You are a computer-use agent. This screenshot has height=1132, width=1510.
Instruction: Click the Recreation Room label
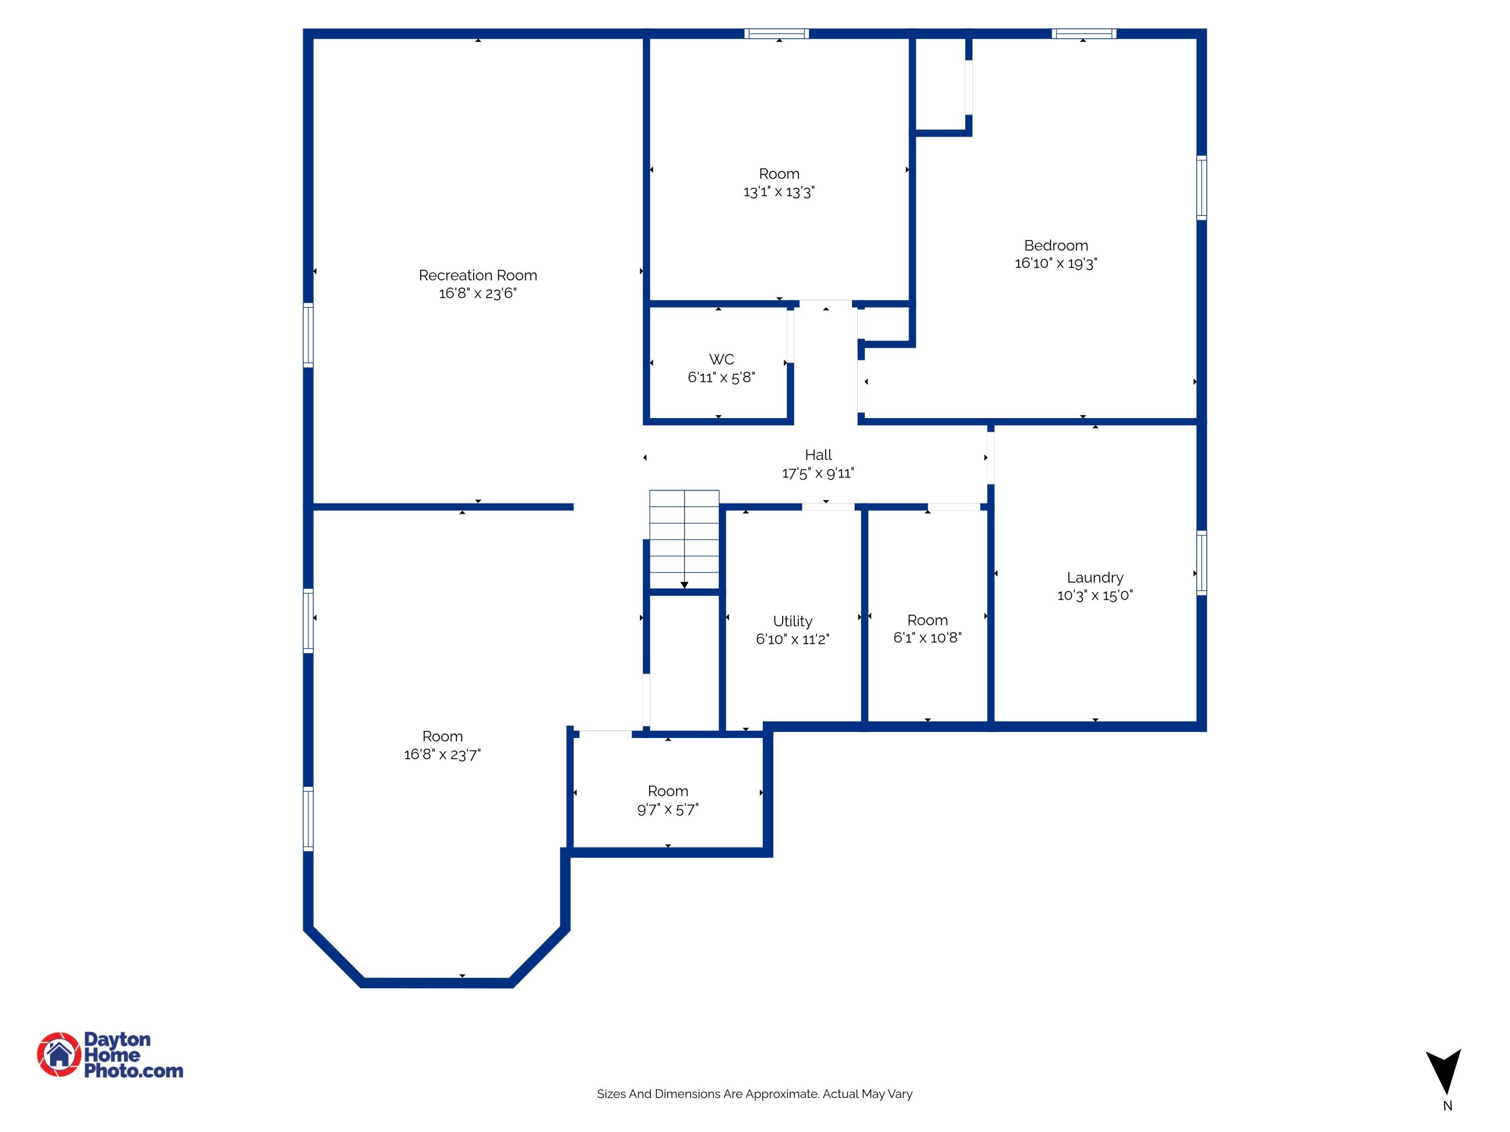click(x=477, y=275)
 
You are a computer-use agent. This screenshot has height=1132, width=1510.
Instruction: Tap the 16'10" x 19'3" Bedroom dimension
click(x=1055, y=264)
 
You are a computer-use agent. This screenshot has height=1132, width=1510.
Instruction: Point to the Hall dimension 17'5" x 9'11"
click(x=818, y=473)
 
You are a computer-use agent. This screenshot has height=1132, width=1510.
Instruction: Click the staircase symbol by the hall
click(x=684, y=539)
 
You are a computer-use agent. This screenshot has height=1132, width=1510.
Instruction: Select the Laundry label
click(x=1094, y=577)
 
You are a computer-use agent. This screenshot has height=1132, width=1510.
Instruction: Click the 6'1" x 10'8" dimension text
click(x=927, y=637)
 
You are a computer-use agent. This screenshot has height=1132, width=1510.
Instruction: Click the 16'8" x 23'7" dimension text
click(x=442, y=754)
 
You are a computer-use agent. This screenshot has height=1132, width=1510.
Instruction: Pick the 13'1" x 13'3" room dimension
click(x=779, y=192)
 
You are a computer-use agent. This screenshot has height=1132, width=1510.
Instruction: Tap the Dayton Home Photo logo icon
click(x=59, y=1054)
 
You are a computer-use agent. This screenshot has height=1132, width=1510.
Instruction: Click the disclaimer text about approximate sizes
click(x=754, y=1094)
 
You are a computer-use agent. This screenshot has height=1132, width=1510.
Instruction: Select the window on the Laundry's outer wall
click(x=1201, y=563)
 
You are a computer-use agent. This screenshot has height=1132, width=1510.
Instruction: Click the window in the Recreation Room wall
click(x=309, y=335)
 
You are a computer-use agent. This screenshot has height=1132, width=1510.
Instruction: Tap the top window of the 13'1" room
click(x=777, y=33)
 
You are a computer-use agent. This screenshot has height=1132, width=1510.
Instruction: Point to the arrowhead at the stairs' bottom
click(x=684, y=585)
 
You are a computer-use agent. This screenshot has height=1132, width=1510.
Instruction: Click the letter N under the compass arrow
click(x=1447, y=1106)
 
